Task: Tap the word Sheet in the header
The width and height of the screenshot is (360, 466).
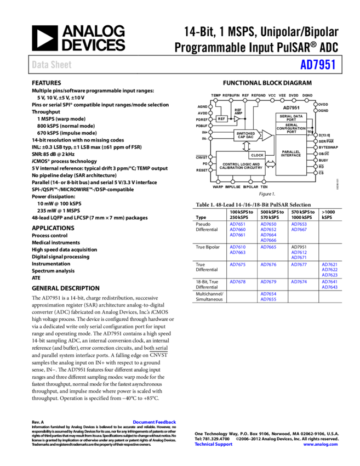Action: tap(61, 65)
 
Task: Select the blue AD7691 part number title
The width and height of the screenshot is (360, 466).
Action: tap(318, 65)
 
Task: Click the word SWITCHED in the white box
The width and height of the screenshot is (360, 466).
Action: tap(245, 133)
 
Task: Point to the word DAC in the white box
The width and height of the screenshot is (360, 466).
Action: tap(250, 137)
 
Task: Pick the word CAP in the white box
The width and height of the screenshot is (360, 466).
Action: tap(241, 137)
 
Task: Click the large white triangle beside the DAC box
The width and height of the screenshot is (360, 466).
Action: tap(266, 135)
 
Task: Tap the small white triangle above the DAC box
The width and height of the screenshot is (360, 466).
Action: tap(237, 118)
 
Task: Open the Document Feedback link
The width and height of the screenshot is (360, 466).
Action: tap(155, 422)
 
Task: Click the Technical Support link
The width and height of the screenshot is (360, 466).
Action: tap(214, 444)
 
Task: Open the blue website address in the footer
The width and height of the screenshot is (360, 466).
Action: tap(321, 444)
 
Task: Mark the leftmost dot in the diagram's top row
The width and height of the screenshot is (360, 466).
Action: tap(215, 100)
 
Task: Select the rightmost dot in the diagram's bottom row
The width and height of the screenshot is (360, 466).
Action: tap(264, 181)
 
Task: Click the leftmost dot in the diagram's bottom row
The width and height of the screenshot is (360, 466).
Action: tap(218, 181)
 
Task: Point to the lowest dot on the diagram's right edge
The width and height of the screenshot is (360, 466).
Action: tap(316, 173)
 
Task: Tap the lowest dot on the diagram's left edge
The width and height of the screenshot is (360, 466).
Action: tap(210, 170)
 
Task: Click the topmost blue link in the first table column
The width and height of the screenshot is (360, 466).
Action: tap(237, 224)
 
